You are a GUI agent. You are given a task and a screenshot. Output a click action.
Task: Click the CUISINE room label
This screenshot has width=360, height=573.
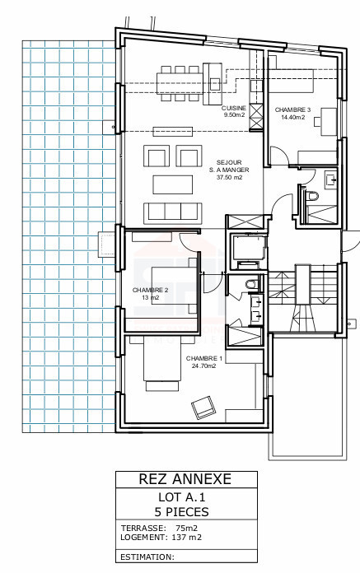coord(234,109)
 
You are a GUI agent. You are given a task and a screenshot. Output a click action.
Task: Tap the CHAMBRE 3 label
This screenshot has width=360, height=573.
coord(292,109)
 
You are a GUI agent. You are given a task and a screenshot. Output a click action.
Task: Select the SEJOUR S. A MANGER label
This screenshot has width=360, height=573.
coord(229,166)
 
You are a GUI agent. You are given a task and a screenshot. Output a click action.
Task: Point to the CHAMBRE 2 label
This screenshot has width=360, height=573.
coord(150,290)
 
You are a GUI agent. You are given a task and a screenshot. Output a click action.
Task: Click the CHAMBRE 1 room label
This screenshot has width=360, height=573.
coord(204,358)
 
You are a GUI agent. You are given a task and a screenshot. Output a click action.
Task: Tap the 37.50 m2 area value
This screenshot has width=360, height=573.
coord(229,178)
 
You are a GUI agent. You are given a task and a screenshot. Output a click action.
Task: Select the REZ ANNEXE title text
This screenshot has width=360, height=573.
coord(185,479)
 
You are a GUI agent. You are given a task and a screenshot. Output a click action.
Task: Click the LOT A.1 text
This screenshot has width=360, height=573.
coord(182,497)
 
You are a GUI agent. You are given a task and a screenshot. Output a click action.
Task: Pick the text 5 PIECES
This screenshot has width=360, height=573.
coord(181,512)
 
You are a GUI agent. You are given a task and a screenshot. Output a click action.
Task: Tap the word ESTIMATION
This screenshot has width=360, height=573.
coord(147,557)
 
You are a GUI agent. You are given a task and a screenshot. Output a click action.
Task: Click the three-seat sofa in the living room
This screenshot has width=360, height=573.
coord(173,213)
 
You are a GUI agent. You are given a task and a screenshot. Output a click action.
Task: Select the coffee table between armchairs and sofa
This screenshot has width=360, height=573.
coord(173,184)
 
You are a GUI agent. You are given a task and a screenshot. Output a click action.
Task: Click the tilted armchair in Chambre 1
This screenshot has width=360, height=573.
coord(203,407)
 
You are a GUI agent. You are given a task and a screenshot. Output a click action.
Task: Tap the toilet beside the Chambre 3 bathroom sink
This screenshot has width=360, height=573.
coord(311,195)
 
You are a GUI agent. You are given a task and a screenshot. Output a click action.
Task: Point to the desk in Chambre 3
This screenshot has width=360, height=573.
coord(329,121)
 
